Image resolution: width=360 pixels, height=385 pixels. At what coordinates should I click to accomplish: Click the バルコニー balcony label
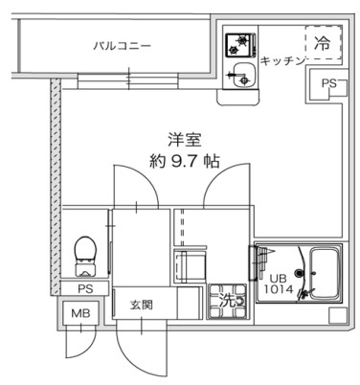[122, 45]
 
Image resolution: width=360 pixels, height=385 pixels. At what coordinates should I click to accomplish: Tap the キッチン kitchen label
[281, 59]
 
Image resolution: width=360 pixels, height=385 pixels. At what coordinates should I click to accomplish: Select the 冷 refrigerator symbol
[323, 42]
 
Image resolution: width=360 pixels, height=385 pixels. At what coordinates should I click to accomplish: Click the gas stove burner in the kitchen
[236, 44]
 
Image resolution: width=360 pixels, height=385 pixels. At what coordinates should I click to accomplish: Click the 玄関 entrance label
[141, 306]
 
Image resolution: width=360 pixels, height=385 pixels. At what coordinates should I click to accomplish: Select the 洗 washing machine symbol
[227, 299]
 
